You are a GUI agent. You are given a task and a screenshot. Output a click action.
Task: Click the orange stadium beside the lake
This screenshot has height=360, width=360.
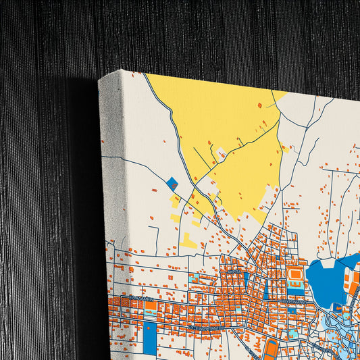(294, 277)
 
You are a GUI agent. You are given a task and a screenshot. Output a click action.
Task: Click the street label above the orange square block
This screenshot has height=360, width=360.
(143, 298)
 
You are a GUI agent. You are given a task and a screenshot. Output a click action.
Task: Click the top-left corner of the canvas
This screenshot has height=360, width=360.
(99, 79)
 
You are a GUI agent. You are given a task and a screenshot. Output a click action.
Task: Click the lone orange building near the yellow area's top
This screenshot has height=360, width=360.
(259, 105)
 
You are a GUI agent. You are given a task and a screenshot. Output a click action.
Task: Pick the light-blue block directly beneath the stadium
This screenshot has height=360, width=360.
(295, 290)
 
